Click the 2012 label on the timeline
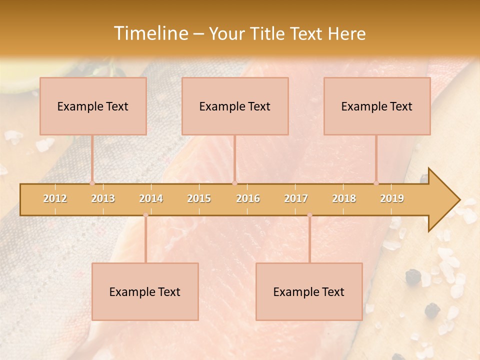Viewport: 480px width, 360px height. coord(55,199)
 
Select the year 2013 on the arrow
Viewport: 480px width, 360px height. coord(103,199)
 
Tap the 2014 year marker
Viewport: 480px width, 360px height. coord(151,199)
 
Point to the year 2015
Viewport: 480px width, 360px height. coord(199,199)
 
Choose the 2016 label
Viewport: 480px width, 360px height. coord(248,199)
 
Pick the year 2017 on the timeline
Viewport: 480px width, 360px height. coord(296,199)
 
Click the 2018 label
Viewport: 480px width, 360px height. coord(344,199)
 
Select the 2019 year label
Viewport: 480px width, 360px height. coord(392,199)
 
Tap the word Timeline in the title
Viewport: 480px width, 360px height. coord(150,33)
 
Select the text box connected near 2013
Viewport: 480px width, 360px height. coord(93,106)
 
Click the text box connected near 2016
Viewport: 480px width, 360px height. coord(235,106)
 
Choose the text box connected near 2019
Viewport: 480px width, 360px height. coord(377,106)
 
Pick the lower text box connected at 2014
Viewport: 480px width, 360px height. coord(145,291)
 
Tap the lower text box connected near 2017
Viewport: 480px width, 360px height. coord(309,291)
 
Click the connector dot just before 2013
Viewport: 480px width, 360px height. coord(92,183)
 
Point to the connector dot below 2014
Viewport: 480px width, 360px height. coord(145,215)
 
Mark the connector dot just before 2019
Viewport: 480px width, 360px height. coord(376,183)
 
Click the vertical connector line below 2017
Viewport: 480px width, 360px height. coord(309,240)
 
